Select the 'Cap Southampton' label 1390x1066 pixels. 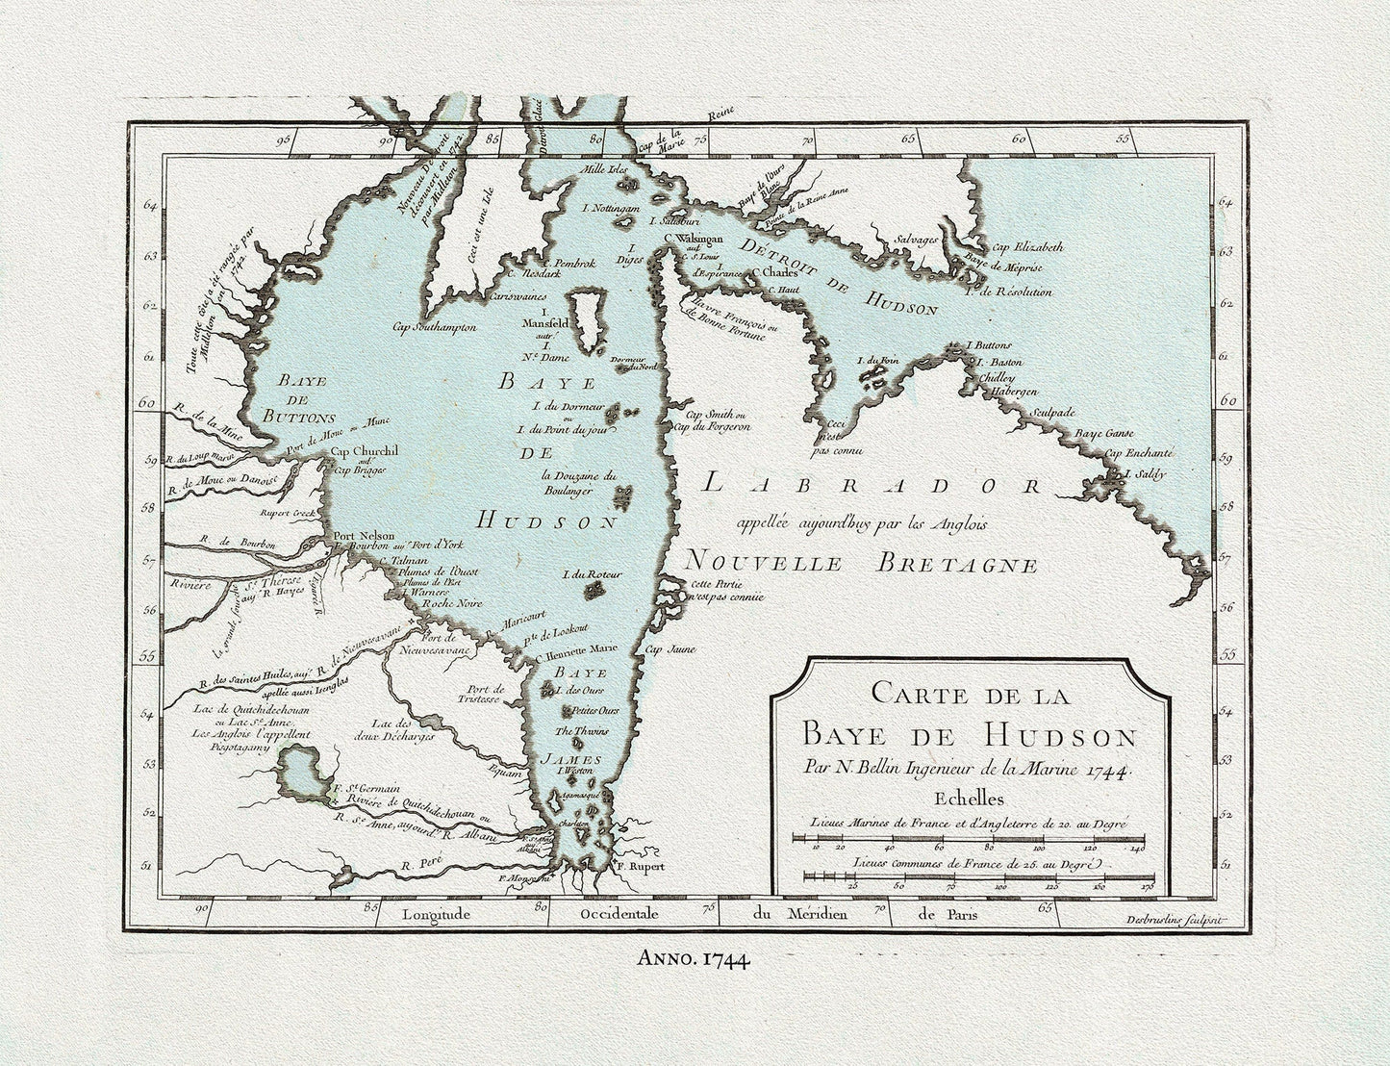[434, 327]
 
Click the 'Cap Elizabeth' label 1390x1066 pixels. [1027, 246]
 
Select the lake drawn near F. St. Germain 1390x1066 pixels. [299, 774]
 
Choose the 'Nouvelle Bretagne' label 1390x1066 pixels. [862, 563]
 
